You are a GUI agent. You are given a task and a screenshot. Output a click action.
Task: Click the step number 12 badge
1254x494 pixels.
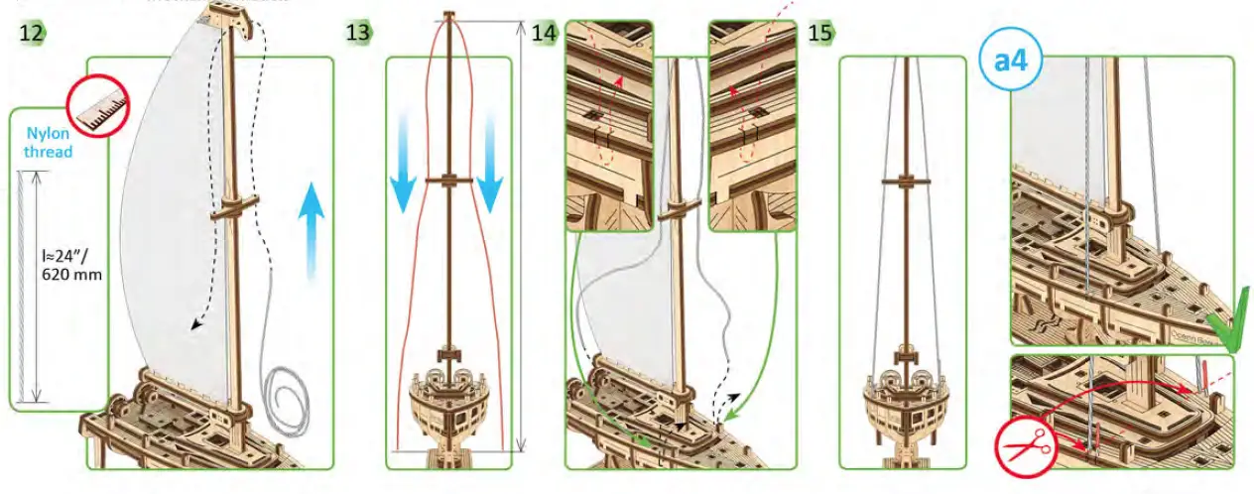click(32, 33)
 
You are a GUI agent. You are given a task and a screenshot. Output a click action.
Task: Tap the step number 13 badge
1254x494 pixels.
click(358, 33)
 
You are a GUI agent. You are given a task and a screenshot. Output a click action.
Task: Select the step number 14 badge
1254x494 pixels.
click(544, 33)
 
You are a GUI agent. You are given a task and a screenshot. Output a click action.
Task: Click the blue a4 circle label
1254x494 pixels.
click(1011, 61)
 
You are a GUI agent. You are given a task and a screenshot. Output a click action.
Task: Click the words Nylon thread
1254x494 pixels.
click(49, 143)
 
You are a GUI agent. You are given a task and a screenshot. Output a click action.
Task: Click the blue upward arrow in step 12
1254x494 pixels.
click(312, 228)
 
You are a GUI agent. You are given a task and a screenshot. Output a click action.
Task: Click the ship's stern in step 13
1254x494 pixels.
click(448, 402)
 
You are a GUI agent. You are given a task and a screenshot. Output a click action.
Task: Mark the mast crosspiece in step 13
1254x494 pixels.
click(449, 180)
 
